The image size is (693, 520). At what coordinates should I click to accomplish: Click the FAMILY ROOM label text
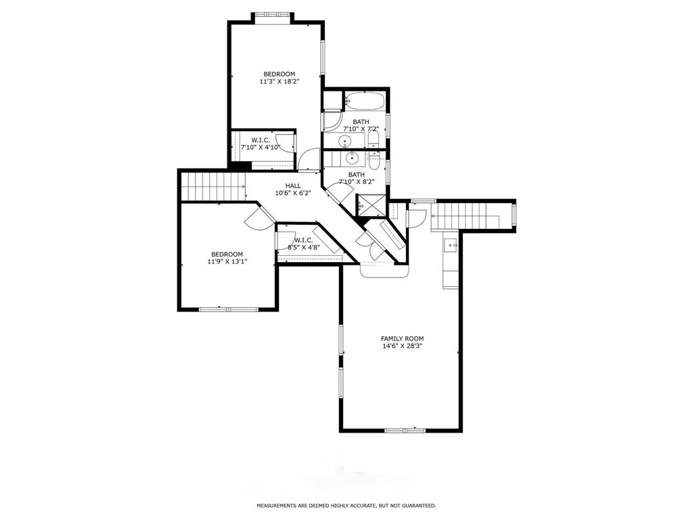point(402,339)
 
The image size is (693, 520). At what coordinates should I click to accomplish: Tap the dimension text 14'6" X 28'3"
point(402,346)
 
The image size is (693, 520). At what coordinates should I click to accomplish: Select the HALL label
point(293,186)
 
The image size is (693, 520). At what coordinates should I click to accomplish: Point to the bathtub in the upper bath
point(365,102)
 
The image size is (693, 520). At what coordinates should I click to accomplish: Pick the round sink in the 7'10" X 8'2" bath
point(352,157)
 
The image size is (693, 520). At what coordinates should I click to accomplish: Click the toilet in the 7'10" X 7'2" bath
point(374,140)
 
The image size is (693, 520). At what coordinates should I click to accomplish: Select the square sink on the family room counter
point(451,244)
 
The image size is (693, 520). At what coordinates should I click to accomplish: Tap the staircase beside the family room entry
point(472,216)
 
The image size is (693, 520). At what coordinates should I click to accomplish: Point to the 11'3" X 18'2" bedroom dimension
point(277,81)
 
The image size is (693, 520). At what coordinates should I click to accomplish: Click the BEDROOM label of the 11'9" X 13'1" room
point(227,255)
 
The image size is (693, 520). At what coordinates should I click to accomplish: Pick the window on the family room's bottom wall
point(405,430)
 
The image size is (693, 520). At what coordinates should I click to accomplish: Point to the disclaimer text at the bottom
point(346,505)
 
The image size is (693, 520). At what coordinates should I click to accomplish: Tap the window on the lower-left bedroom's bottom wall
point(229,309)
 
